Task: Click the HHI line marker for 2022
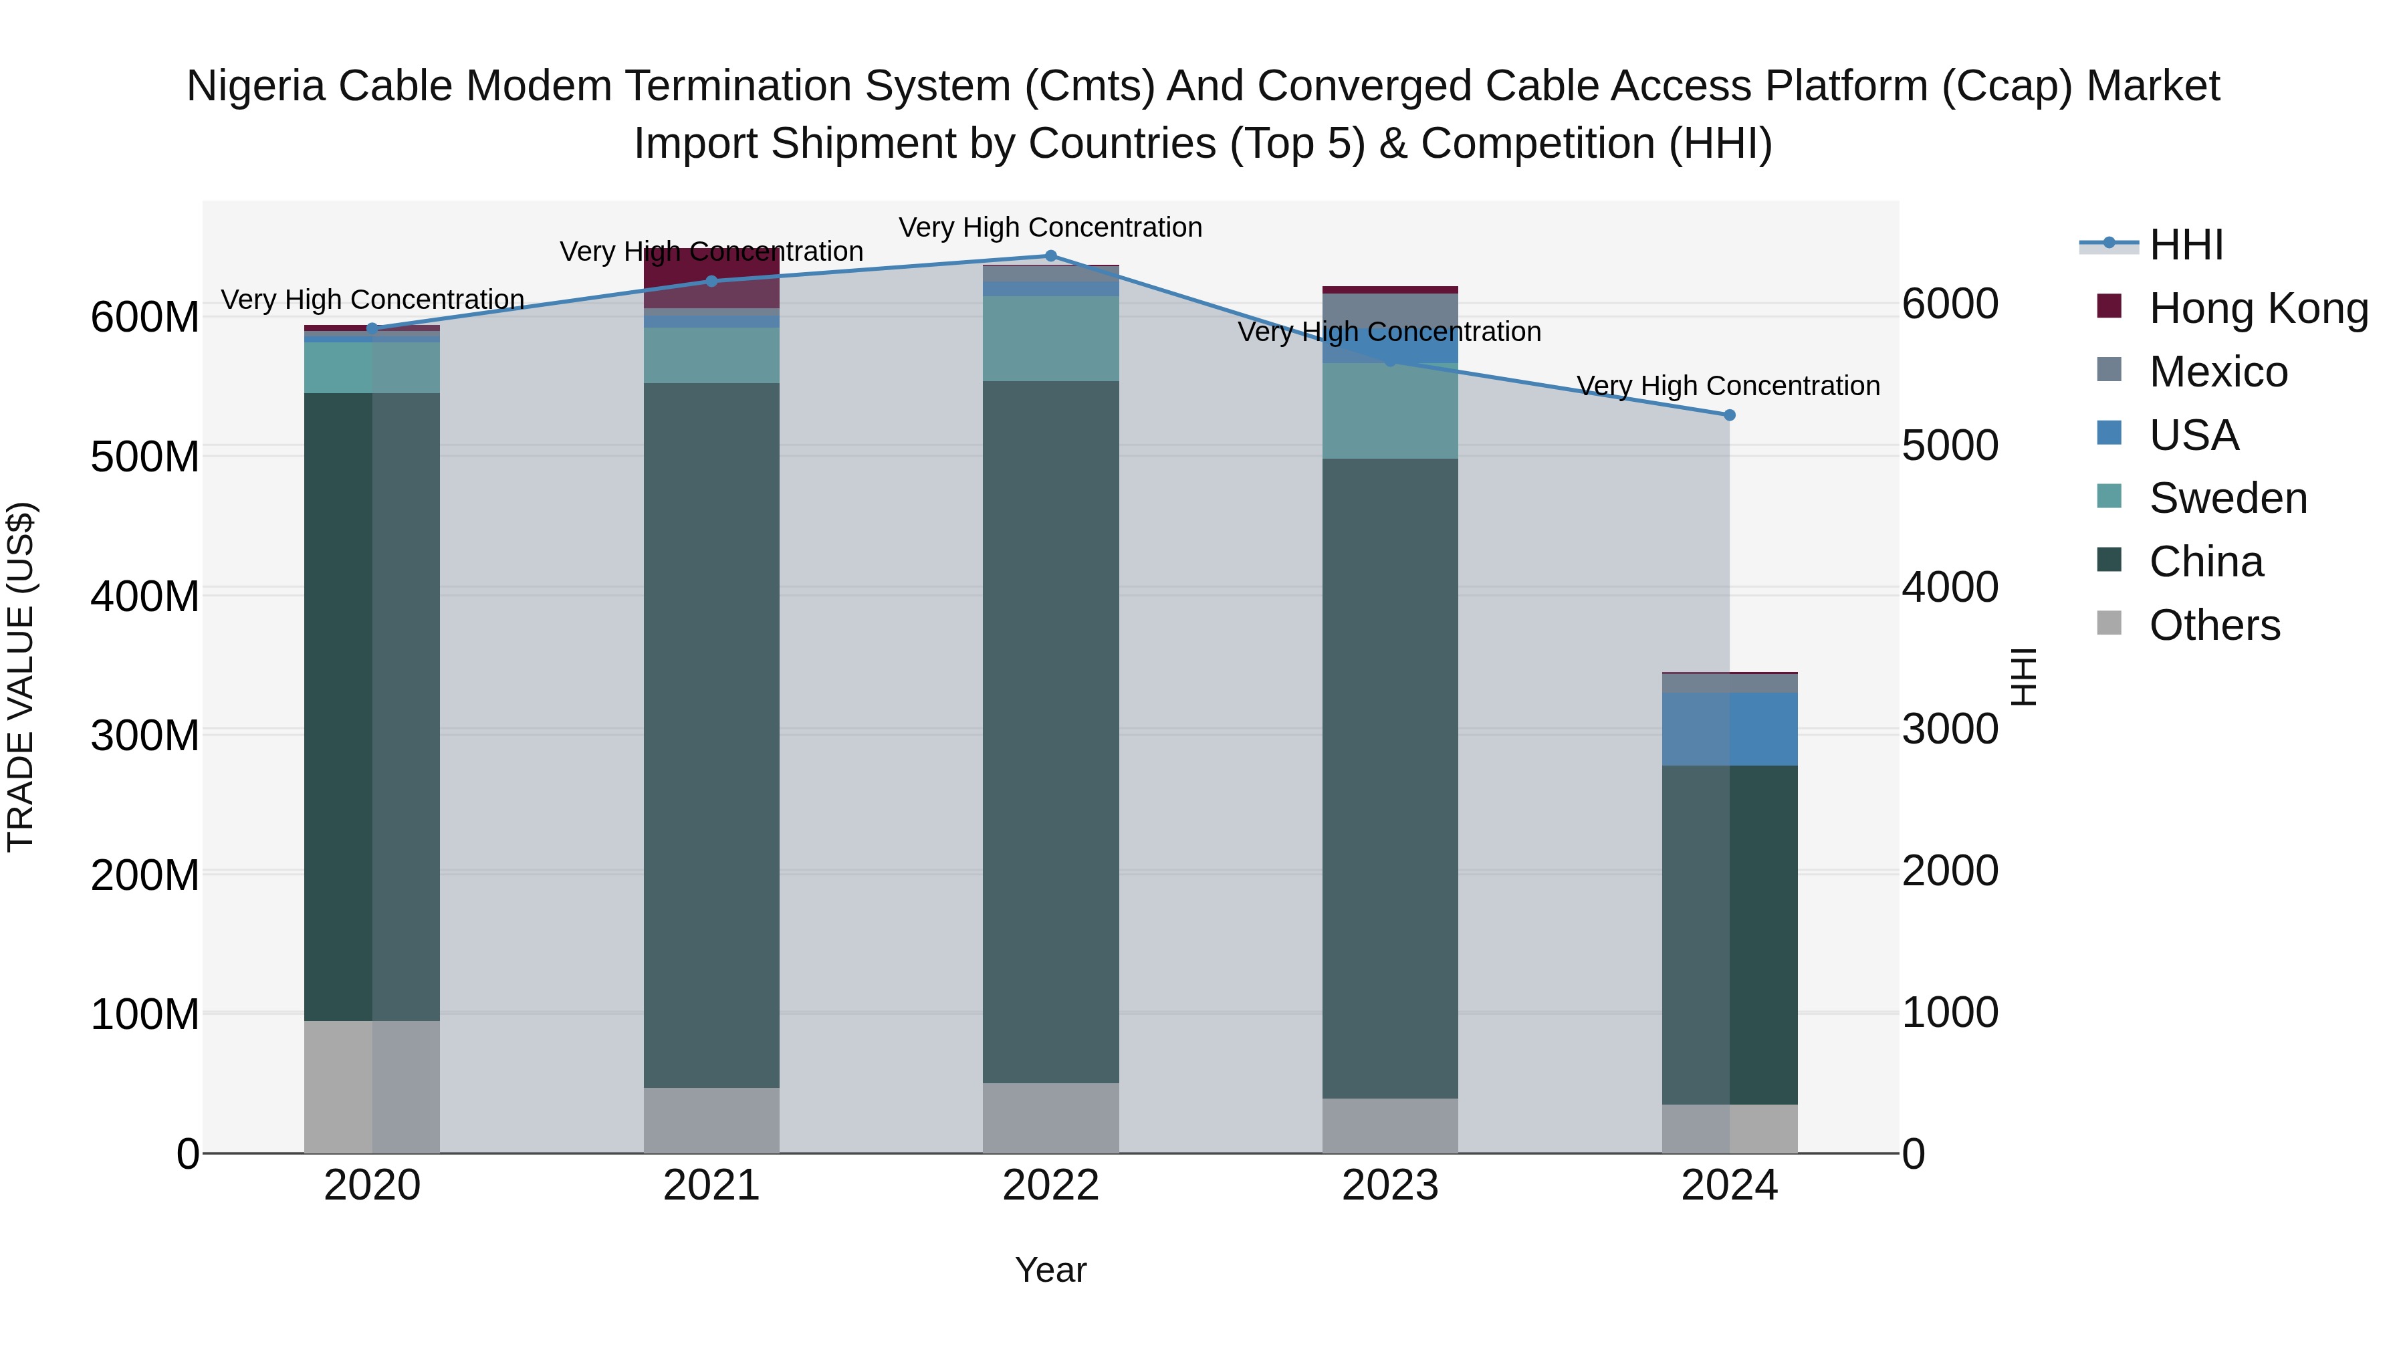coord(1050,256)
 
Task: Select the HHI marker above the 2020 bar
coord(372,329)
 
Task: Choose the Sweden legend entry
coord(2228,498)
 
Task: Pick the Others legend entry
coord(2214,625)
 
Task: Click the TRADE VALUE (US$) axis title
coord(21,677)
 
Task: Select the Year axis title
coord(1050,1270)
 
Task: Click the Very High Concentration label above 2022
coord(1050,227)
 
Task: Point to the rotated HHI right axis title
coord(2023,677)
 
